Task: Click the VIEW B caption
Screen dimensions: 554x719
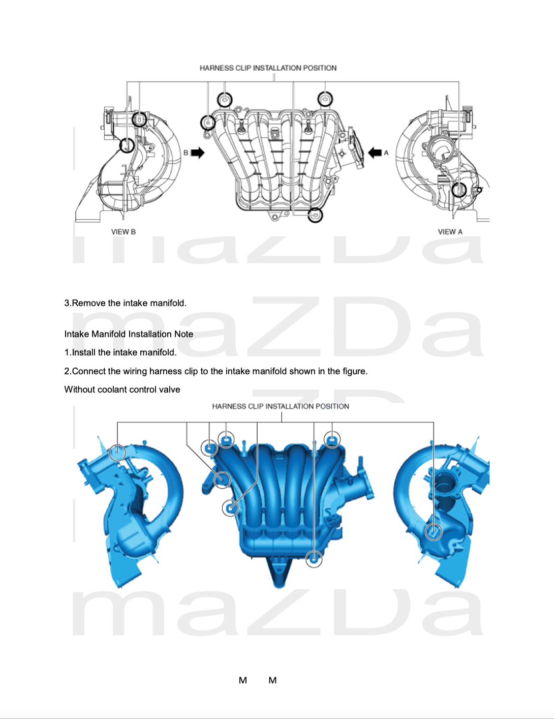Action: pyautogui.click(x=124, y=231)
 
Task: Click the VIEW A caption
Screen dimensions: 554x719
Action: pyautogui.click(x=450, y=231)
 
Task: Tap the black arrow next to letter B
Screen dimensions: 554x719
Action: pyautogui.click(x=198, y=153)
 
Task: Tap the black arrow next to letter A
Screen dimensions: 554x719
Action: pyautogui.click(x=375, y=153)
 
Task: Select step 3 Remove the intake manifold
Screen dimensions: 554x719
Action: pyautogui.click(x=126, y=303)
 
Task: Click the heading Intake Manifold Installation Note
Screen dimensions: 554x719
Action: pyautogui.click(x=129, y=334)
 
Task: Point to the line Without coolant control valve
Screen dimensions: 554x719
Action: pyautogui.click(x=122, y=390)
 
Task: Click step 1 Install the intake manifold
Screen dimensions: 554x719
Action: pyautogui.click(x=120, y=352)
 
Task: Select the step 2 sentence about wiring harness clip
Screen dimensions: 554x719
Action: pyautogui.click(x=216, y=371)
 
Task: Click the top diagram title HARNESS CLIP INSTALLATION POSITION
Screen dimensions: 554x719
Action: pyautogui.click(x=268, y=68)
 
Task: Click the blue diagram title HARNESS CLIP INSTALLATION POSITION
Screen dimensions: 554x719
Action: pyautogui.click(x=281, y=406)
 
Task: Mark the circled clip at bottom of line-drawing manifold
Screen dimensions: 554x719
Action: pyautogui.click(x=315, y=215)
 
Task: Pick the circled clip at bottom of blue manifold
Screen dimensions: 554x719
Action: pyautogui.click(x=314, y=559)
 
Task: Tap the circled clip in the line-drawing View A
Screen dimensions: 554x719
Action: pyautogui.click(x=459, y=190)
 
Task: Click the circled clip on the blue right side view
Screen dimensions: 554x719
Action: pyautogui.click(x=433, y=532)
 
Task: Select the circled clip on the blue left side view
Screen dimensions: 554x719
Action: pyautogui.click(x=117, y=453)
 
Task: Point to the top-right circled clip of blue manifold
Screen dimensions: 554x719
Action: pyautogui.click(x=332, y=439)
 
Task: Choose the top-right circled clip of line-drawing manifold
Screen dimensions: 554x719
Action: pyautogui.click(x=325, y=99)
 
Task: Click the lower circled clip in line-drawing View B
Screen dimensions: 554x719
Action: pyautogui.click(x=127, y=145)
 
